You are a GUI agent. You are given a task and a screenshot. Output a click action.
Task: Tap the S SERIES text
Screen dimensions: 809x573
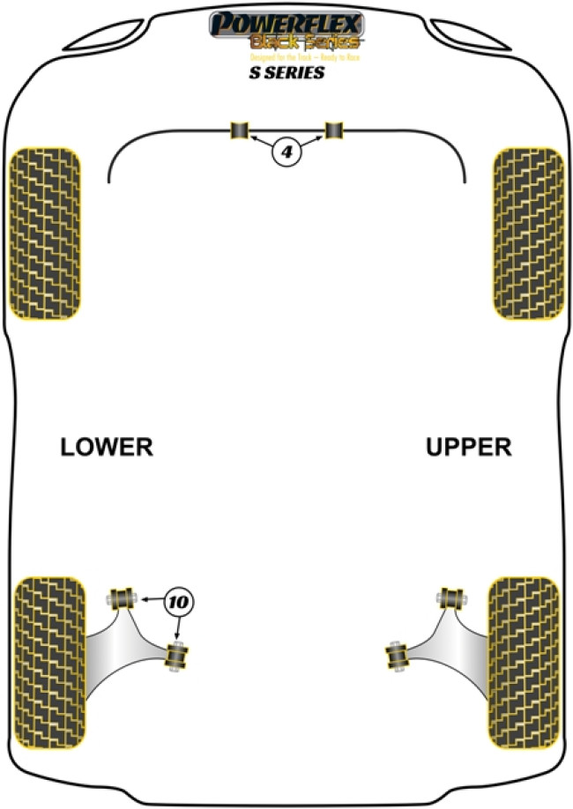point(286,73)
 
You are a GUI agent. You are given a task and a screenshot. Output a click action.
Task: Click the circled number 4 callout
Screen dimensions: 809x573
point(286,153)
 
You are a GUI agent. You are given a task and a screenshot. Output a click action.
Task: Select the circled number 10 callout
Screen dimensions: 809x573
point(178,602)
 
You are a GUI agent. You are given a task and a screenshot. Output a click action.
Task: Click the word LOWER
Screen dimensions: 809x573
point(107,448)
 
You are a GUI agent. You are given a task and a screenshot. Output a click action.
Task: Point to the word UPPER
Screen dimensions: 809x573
point(468,448)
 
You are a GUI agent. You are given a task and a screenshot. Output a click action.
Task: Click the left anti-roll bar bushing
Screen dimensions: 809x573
point(240,130)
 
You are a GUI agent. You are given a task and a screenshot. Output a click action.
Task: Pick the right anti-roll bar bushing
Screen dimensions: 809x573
point(334,130)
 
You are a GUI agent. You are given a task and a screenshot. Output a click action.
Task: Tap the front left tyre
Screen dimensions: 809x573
point(46,233)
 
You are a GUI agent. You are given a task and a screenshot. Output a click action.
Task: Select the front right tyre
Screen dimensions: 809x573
point(528,233)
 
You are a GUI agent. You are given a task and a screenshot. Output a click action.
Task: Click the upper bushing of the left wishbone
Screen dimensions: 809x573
point(123,597)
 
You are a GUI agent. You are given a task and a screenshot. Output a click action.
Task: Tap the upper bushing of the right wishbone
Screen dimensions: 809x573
point(454,597)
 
